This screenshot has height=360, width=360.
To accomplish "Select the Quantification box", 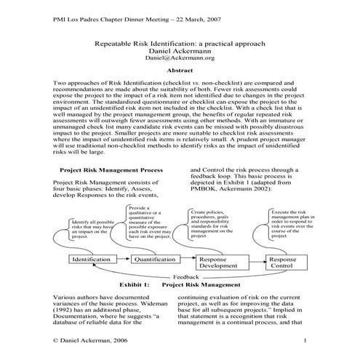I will [154, 260].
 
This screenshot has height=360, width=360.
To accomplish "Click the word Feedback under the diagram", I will [191, 277].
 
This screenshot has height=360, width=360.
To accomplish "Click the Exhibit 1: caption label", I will [129, 284].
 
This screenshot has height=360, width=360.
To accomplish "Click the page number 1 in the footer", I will [306, 341].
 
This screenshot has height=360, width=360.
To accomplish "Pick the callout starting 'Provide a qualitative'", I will [151, 223].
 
